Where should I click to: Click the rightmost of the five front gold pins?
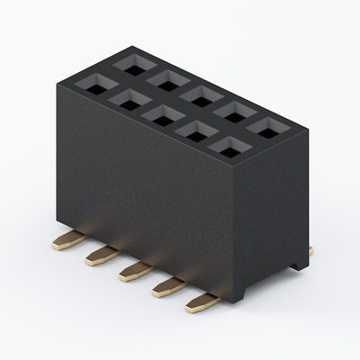[x=201, y=304]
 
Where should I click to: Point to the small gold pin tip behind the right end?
[x=309, y=254]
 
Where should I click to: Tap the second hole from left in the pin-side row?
[x=128, y=100]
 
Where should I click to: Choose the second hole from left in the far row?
[x=167, y=79]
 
